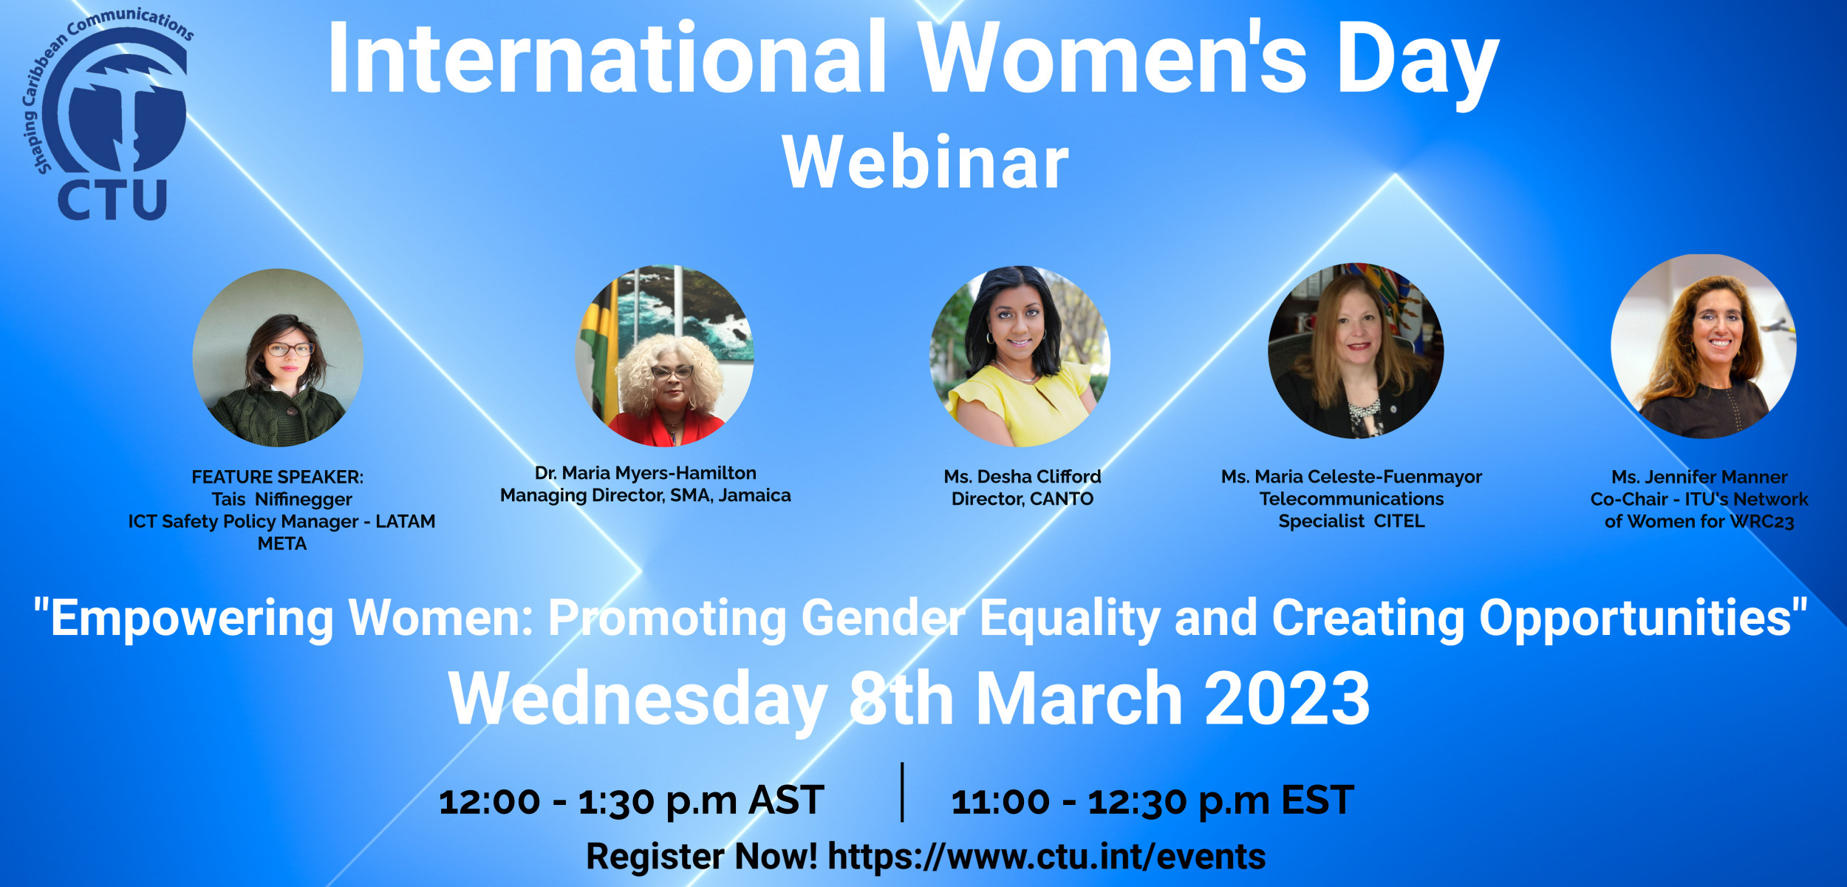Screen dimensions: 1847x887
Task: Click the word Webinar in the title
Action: point(926,163)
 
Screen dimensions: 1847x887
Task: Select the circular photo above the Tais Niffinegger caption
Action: point(278,358)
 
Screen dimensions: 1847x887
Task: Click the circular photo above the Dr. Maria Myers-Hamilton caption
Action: point(664,356)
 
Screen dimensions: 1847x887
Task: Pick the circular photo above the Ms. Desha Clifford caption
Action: point(1020,356)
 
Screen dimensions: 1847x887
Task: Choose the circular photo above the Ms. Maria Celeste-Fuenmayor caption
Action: point(1356,350)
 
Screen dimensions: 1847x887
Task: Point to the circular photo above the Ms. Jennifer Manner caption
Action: point(1704,346)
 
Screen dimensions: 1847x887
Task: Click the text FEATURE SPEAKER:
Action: point(278,478)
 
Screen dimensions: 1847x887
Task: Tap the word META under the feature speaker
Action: point(282,544)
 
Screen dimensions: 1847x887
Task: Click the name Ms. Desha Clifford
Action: point(1022,477)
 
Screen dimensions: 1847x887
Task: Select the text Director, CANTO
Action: point(1022,499)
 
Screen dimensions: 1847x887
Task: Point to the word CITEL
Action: point(1399,521)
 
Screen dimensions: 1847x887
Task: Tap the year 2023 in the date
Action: point(1288,699)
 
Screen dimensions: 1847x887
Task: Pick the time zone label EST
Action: point(1318,800)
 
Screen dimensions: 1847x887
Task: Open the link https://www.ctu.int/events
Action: point(1047,857)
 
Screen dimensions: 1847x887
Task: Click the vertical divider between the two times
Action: point(902,792)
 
